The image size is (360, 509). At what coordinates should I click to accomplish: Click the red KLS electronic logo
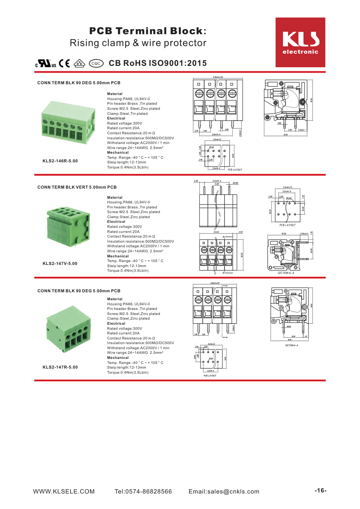(x=300, y=42)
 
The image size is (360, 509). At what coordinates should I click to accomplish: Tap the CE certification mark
(x=64, y=63)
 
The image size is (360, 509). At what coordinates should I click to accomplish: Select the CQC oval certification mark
(x=96, y=63)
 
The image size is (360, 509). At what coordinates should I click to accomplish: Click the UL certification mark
(x=46, y=63)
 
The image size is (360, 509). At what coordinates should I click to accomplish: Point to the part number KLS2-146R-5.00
(x=60, y=161)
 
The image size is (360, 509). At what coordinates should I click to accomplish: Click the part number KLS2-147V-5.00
(x=60, y=263)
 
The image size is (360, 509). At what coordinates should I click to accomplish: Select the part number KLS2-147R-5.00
(x=60, y=367)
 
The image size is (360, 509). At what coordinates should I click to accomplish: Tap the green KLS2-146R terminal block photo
(x=68, y=123)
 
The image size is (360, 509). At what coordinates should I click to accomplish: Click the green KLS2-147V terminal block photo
(x=68, y=226)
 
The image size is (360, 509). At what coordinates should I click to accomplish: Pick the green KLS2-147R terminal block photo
(x=68, y=328)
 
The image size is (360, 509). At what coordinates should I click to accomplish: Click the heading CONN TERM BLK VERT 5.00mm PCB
(x=77, y=187)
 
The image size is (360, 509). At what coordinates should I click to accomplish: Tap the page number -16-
(x=320, y=490)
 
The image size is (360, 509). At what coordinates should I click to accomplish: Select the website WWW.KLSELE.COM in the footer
(x=64, y=491)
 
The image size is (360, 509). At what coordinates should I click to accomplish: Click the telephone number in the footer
(x=143, y=491)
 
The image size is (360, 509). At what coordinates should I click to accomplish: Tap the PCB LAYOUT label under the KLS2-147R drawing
(x=210, y=375)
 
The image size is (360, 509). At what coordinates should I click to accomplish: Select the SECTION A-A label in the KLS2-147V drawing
(x=285, y=273)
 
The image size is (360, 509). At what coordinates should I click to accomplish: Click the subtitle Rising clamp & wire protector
(x=138, y=43)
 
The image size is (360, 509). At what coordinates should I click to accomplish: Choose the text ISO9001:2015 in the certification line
(x=178, y=63)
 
